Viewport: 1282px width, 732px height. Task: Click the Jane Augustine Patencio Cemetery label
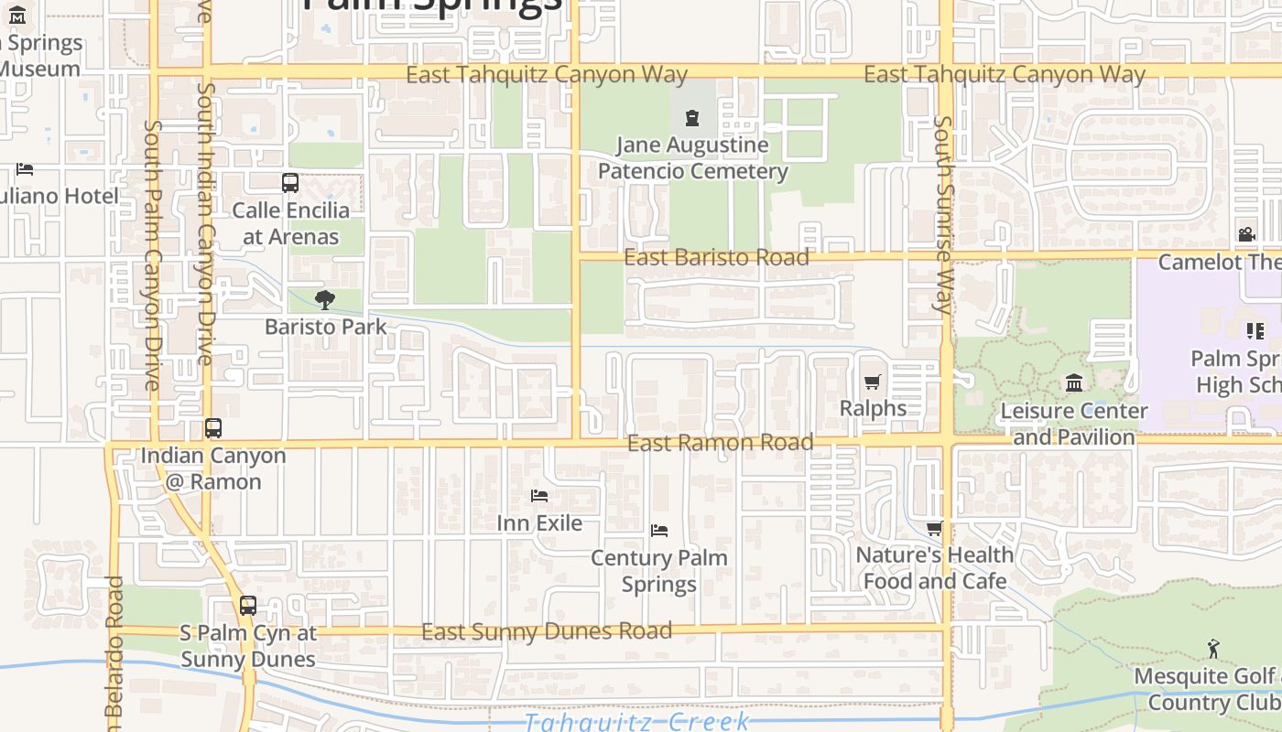click(x=692, y=158)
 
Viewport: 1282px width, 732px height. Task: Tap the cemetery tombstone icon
click(x=691, y=117)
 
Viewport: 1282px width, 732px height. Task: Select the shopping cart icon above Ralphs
click(x=873, y=382)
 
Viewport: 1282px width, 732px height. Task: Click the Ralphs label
click(x=873, y=408)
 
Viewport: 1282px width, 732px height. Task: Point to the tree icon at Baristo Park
click(x=324, y=299)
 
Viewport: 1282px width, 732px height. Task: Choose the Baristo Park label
click(x=325, y=327)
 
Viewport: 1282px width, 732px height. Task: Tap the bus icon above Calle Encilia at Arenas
click(x=290, y=183)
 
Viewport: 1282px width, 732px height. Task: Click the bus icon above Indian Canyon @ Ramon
click(x=213, y=428)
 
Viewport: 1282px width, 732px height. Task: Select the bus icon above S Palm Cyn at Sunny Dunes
click(x=248, y=606)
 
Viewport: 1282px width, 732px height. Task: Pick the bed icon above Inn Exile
click(x=539, y=496)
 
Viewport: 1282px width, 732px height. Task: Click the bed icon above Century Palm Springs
click(x=659, y=531)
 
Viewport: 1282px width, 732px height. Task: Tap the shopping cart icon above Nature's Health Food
click(x=934, y=529)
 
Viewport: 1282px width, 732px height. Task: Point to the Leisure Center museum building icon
click(x=1074, y=382)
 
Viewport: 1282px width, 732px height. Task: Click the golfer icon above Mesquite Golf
click(x=1213, y=649)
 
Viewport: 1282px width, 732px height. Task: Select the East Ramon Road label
click(x=720, y=443)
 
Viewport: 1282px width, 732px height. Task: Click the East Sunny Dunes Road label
click(x=546, y=631)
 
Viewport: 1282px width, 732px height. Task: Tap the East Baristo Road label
click(x=716, y=257)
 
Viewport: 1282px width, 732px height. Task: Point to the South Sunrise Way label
click(x=943, y=215)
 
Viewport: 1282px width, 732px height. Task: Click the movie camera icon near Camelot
click(x=1246, y=235)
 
